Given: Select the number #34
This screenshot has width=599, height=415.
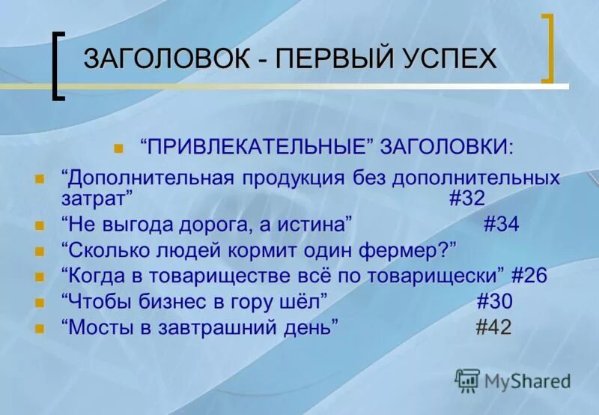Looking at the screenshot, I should pos(501,224).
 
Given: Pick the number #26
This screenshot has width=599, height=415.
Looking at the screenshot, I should pos(529,276).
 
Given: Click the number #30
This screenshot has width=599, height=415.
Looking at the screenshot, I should pos(495,301).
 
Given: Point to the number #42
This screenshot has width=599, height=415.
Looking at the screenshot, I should pos(494,327).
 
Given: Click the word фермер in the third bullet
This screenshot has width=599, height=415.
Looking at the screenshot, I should pos(405,250).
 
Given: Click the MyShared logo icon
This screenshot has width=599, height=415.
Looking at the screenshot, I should pos(467,381).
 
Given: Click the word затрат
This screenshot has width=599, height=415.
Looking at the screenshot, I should pos(97,199).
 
